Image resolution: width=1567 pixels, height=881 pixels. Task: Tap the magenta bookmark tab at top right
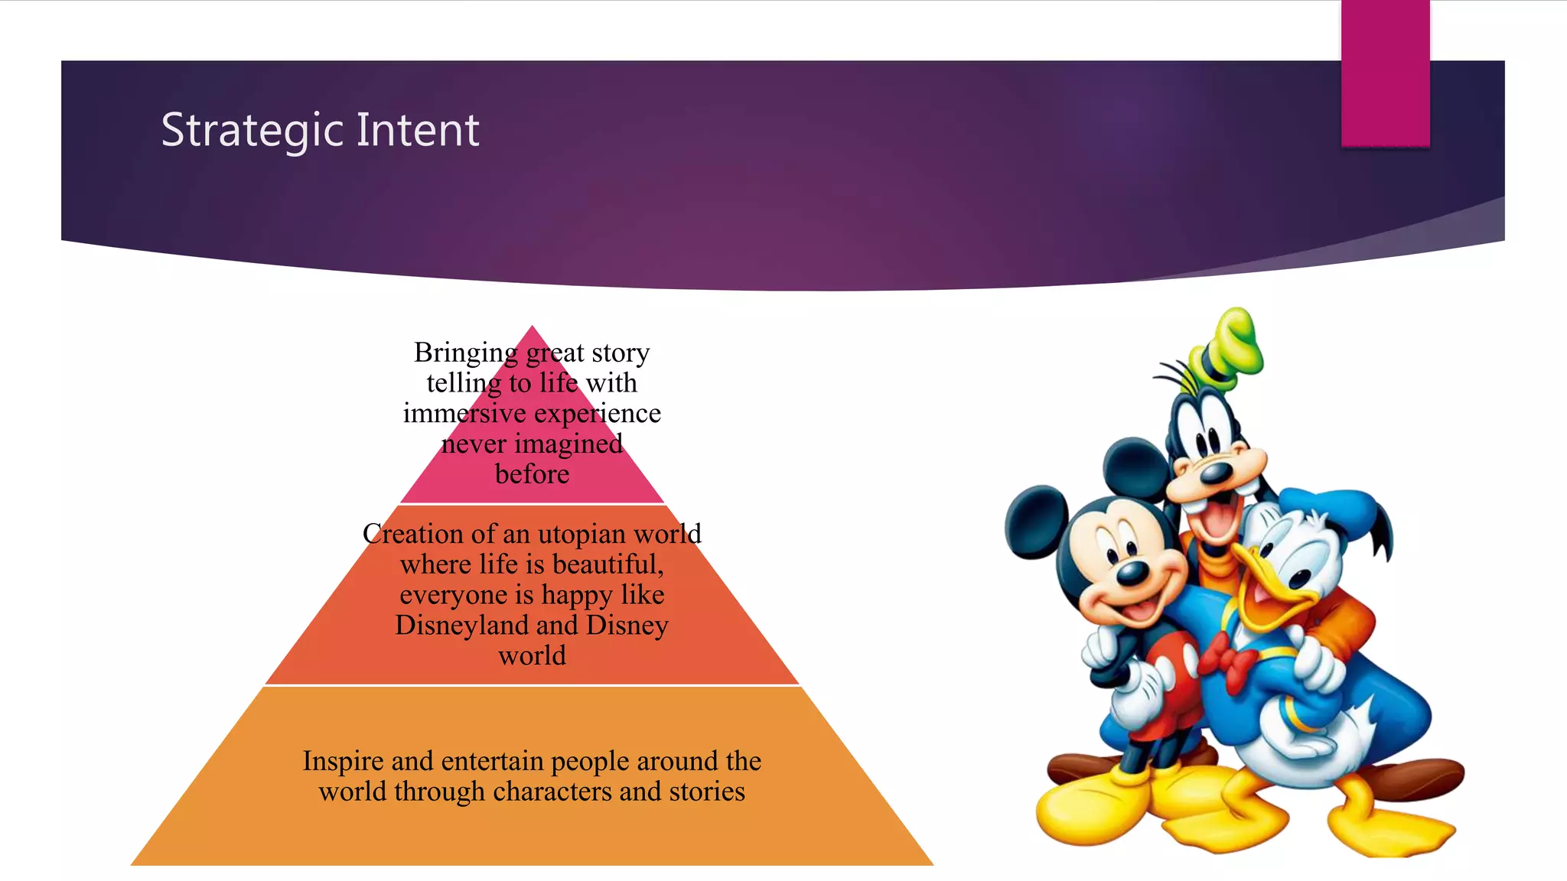(1385, 73)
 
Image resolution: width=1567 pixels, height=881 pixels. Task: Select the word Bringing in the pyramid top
(466, 353)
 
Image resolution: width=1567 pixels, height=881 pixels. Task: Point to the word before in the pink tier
(532, 474)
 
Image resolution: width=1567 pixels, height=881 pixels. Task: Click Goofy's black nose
(1217, 473)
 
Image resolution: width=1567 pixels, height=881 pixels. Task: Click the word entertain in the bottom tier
(494, 761)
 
